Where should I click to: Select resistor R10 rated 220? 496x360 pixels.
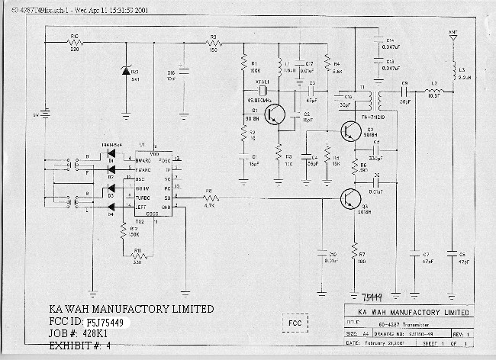pos(75,43)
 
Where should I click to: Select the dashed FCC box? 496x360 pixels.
pos(295,323)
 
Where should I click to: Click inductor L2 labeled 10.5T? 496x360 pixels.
pos(434,91)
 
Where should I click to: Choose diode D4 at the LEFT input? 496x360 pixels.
pos(111,204)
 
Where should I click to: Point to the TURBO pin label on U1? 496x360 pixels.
pos(144,197)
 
